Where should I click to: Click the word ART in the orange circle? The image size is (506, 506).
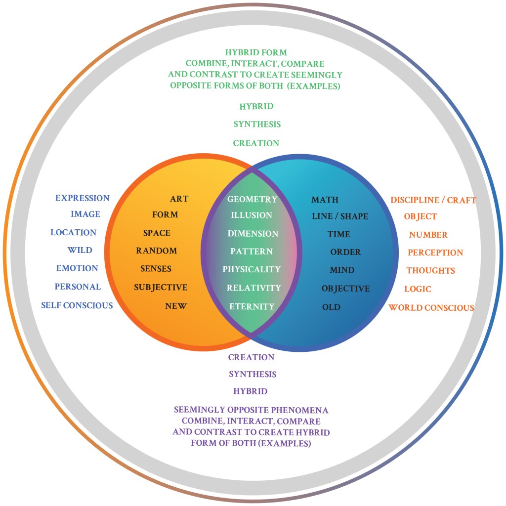pyautogui.click(x=179, y=199)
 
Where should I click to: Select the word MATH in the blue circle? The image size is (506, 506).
pyautogui.click(x=325, y=200)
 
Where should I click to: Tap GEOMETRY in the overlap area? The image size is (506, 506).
pyautogui.click(x=252, y=199)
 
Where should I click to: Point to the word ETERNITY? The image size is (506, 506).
pyautogui.click(x=252, y=306)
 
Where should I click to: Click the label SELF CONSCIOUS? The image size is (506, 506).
pyautogui.click(x=77, y=305)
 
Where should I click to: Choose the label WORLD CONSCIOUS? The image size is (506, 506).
pyautogui.click(x=431, y=308)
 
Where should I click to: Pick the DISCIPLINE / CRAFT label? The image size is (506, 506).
pyautogui.click(x=433, y=200)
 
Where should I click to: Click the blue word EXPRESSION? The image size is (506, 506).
pyautogui.click(x=82, y=198)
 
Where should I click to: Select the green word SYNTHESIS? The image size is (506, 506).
pyautogui.click(x=256, y=125)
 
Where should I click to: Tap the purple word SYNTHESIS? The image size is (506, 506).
pyautogui.click(x=253, y=374)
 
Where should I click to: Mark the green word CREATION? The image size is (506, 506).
pyautogui.click(x=256, y=143)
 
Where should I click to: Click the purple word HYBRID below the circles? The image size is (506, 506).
pyautogui.click(x=251, y=391)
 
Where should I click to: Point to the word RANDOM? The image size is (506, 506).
pyautogui.click(x=156, y=251)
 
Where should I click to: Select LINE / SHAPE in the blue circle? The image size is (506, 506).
pyautogui.click(x=340, y=216)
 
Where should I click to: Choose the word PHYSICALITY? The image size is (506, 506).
pyautogui.click(x=252, y=269)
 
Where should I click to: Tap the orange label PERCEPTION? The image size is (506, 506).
pyautogui.click(x=435, y=253)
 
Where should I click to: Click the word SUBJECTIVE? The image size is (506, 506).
pyautogui.click(x=161, y=287)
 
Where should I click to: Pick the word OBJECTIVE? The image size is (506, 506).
pyautogui.click(x=345, y=288)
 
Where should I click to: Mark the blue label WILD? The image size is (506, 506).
pyautogui.click(x=80, y=250)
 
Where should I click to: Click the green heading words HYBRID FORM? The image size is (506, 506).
pyautogui.click(x=256, y=52)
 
